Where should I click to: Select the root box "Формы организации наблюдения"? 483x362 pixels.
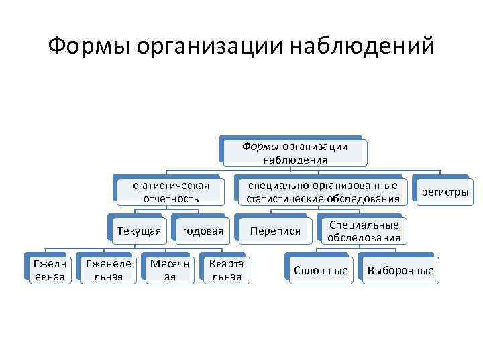pyautogui.click(x=295, y=153)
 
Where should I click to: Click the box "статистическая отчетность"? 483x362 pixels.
pyautogui.click(x=171, y=192)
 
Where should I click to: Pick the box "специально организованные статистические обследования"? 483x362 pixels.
pyautogui.click(x=323, y=192)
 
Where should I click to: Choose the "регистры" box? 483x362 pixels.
pyautogui.click(x=444, y=193)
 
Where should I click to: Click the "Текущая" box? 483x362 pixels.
pyautogui.click(x=139, y=231)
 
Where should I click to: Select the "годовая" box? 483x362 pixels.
pyautogui.click(x=203, y=231)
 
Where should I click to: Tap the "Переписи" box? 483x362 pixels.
pyautogui.click(x=275, y=231)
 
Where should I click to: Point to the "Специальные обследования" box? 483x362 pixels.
pyautogui.click(x=364, y=231)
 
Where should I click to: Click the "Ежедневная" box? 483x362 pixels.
pyautogui.click(x=50, y=269)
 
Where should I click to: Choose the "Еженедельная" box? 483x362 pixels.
pyautogui.click(x=109, y=269)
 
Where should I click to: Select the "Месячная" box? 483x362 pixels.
pyautogui.click(x=170, y=269)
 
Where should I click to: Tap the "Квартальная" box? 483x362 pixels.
pyautogui.click(x=225, y=269)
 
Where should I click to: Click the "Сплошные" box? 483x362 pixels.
pyautogui.click(x=321, y=271)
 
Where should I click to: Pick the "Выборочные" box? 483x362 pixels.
pyautogui.click(x=400, y=271)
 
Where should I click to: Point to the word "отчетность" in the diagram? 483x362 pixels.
pyautogui.click(x=171, y=198)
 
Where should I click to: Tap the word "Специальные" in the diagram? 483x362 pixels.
pyautogui.click(x=364, y=225)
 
